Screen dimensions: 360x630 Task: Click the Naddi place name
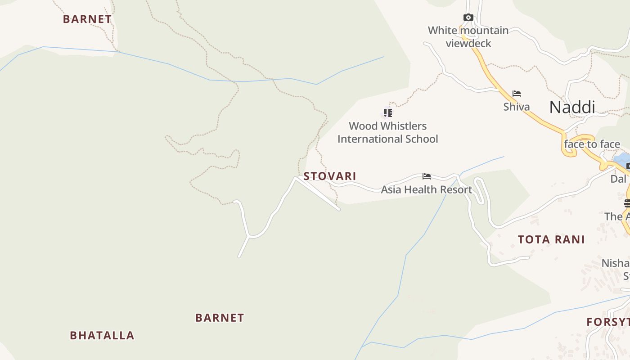click(572, 107)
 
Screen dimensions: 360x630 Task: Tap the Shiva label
click(516, 107)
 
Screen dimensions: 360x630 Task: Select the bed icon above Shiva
click(517, 94)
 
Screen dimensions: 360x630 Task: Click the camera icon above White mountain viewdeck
click(468, 18)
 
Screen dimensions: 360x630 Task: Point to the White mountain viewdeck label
click(468, 37)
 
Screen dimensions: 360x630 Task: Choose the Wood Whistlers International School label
click(387, 132)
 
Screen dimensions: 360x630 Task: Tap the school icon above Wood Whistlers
click(387, 112)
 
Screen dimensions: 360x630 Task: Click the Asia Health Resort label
click(426, 189)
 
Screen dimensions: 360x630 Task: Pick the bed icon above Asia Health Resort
click(426, 176)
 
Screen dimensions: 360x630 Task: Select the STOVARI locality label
click(330, 176)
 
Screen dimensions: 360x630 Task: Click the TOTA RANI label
click(551, 239)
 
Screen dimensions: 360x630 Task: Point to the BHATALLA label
click(102, 335)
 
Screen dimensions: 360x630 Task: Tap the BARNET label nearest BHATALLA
click(220, 318)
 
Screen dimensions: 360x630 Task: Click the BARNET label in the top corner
click(87, 19)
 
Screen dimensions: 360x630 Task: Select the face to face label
click(592, 144)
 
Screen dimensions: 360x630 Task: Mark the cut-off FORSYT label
click(608, 322)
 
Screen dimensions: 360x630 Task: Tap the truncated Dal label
click(618, 179)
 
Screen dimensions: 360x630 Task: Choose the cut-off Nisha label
click(616, 263)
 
